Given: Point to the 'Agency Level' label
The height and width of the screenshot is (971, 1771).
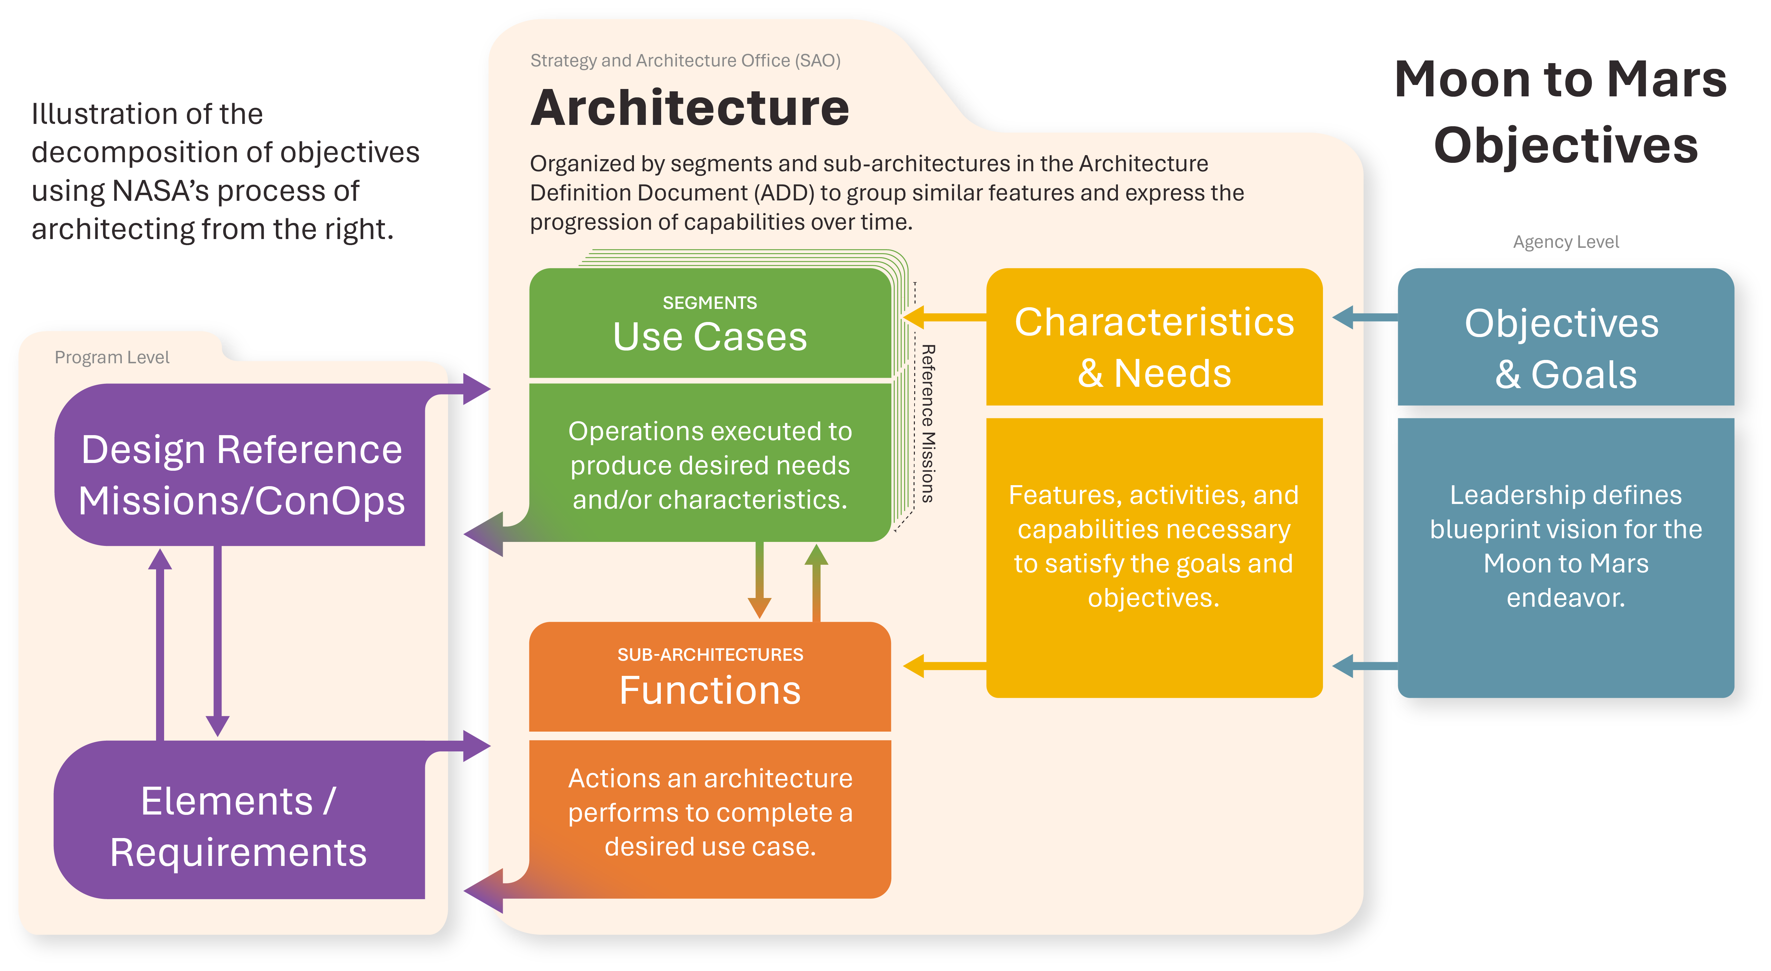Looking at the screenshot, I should point(1565,242).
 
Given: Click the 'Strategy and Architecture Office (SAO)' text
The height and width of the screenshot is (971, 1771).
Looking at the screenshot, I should point(685,60).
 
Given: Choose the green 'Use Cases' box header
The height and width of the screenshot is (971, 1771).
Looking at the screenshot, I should point(709,336).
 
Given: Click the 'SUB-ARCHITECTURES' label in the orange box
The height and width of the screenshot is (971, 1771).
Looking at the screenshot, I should point(709,655).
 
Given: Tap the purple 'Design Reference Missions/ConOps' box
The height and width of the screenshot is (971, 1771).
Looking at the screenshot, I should point(241,474).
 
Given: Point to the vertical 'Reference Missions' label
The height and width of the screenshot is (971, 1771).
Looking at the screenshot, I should point(927,423).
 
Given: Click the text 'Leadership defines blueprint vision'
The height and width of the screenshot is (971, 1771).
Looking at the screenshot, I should point(1565,512).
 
